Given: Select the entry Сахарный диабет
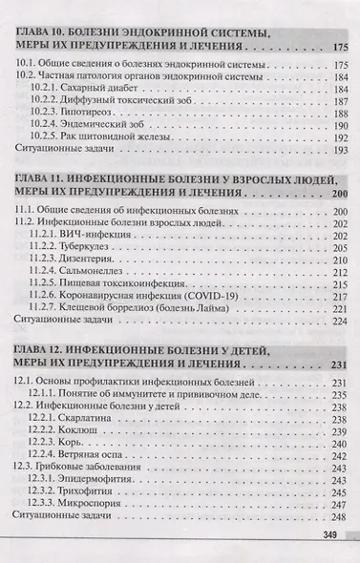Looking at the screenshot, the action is [x=95, y=88].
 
